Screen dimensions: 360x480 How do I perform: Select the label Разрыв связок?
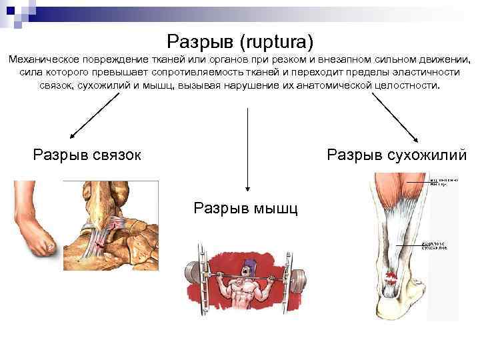[x=87, y=155]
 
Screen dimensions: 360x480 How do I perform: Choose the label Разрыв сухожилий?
[x=397, y=155]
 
